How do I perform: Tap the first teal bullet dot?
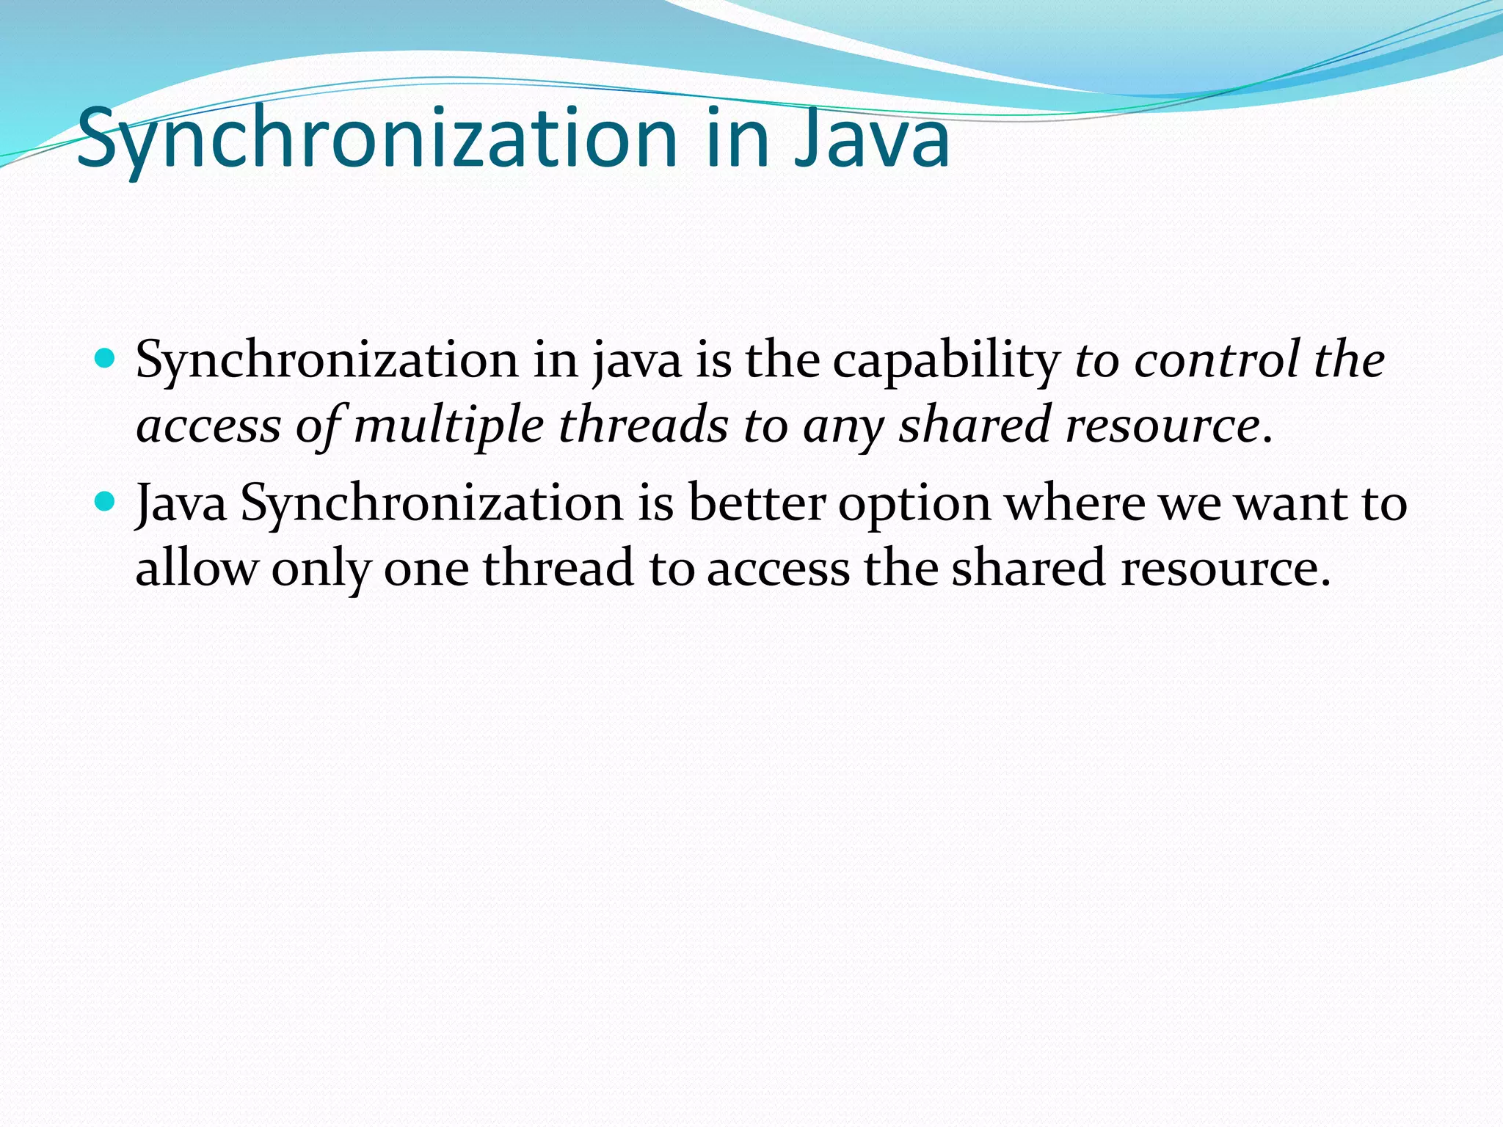tap(106, 359)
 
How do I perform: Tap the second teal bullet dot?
tap(106, 502)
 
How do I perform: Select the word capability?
tap(946, 361)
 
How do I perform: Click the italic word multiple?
tap(448, 426)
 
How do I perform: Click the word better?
tap(757, 503)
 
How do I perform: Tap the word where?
tap(1074, 503)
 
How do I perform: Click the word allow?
tap(197, 568)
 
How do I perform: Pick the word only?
tap(321, 569)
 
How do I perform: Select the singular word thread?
tap(558, 568)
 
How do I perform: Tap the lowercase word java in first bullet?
tap(638, 361)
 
